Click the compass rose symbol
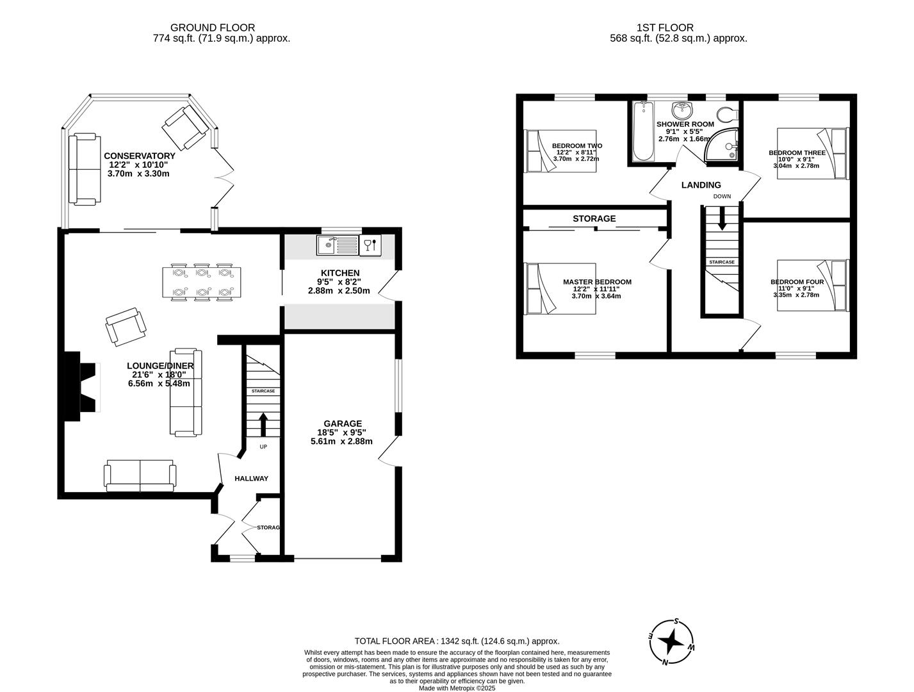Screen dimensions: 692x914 (671, 641)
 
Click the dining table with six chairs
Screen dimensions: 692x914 (202, 282)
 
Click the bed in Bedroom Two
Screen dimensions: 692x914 (560, 151)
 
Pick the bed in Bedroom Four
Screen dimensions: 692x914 (812, 285)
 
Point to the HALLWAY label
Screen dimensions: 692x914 (251, 479)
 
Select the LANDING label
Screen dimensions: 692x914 (701, 185)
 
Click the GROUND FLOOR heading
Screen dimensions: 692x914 (212, 28)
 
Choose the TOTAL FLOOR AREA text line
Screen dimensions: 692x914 (457, 641)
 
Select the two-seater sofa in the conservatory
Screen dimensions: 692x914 (85, 169)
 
